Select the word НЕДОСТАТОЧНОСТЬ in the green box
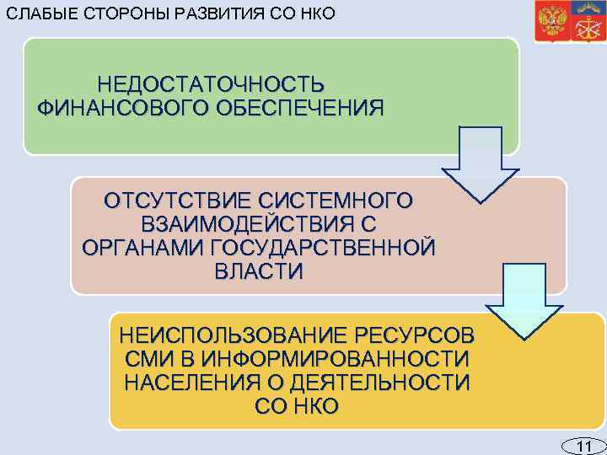click(x=211, y=86)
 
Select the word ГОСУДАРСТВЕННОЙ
click(x=322, y=249)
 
